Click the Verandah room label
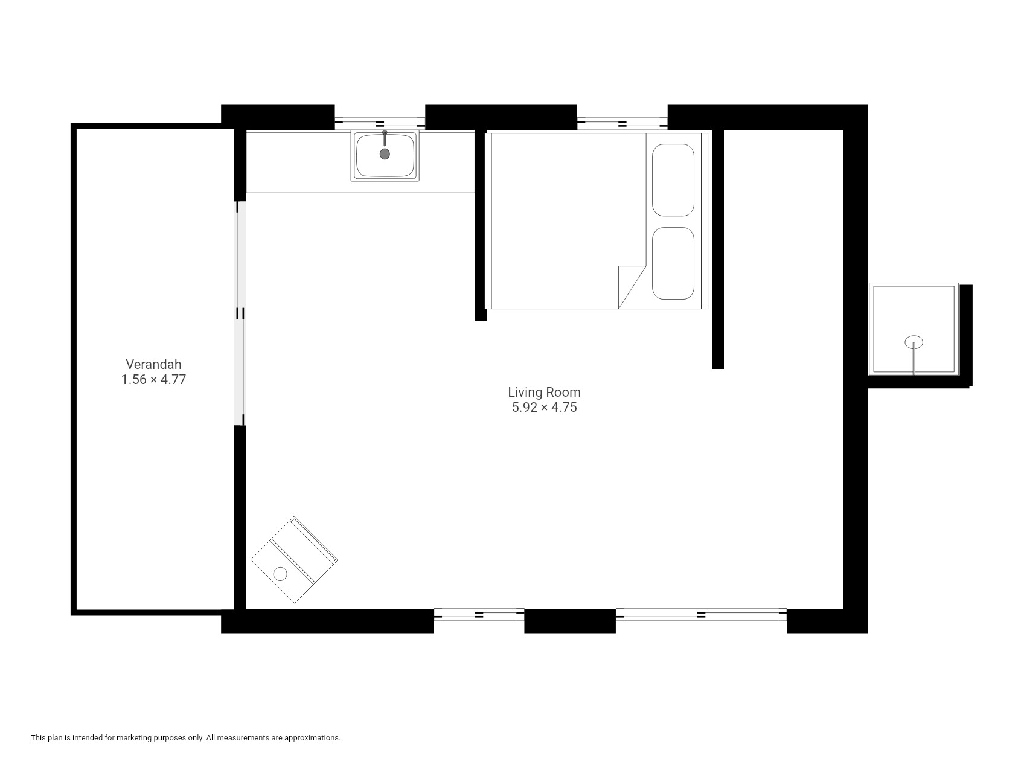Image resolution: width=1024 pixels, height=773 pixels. (x=153, y=364)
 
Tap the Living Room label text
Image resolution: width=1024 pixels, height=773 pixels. (x=544, y=393)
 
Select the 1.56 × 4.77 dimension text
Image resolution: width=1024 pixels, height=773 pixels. (x=153, y=380)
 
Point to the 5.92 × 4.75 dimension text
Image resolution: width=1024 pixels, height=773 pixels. (x=544, y=408)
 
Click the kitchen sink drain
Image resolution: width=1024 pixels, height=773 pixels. (x=385, y=154)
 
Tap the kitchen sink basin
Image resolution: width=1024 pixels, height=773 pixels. (x=385, y=155)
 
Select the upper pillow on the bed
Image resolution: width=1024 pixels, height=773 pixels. (x=673, y=180)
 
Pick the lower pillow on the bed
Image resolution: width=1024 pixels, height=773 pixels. (x=673, y=263)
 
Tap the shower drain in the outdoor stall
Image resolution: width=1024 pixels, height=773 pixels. (x=914, y=342)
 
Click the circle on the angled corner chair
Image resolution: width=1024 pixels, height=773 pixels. (x=280, y=574)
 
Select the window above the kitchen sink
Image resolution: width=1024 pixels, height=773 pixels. (x=380, y=123)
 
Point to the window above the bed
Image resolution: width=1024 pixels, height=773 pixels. (x=622, y=123)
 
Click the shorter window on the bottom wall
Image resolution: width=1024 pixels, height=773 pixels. (x=479, y=614)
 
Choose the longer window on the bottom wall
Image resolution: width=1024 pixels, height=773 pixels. (x=701, y=614)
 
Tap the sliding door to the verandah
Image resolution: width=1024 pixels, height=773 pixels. (x=240, y=313)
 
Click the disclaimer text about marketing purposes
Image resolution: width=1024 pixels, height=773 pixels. (x=185, y=737)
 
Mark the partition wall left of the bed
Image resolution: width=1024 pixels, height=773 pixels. (x=481, y=225)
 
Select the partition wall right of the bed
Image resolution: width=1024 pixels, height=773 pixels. (x=717, y=249)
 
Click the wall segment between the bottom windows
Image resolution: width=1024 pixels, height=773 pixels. (x=570, y=621)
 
